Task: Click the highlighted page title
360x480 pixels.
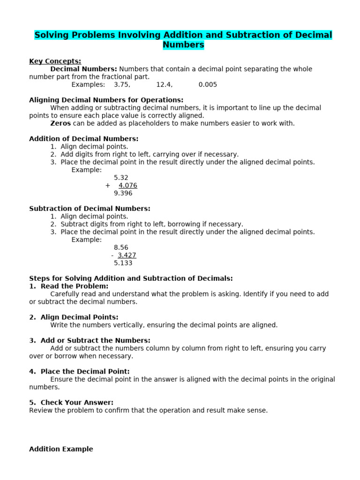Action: tap(183, 40)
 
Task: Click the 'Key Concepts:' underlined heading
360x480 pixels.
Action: tap(55, 61)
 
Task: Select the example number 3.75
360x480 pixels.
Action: tap(122, 85)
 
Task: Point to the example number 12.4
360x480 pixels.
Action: tap(164, 85)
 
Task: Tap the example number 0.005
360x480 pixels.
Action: tap(208, 85)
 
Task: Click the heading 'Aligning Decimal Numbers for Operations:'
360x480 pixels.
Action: tap(106, 100)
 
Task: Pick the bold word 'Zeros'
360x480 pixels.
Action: tap(60, 123)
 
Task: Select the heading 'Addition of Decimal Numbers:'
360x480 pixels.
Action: tap(84, 139)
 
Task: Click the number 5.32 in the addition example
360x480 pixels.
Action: tap(121, 178)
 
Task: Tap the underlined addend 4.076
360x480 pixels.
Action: tap(127, 186)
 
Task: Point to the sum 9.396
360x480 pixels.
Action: tap(123, 193)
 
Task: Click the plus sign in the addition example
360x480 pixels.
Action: tap(108, 186)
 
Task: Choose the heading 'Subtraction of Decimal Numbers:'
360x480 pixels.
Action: tap(90, 209)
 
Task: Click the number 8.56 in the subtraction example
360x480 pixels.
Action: tap(121, 247)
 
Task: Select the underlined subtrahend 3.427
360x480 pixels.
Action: tap(127, 255)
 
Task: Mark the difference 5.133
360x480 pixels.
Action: tap(123, 263)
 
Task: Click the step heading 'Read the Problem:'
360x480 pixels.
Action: tap(74, 286)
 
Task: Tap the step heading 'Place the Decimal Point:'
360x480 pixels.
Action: tap(85, 371)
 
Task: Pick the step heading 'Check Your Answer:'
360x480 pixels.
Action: tap(77, 402)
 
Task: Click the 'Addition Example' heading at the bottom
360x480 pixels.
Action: tap(61, 449)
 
